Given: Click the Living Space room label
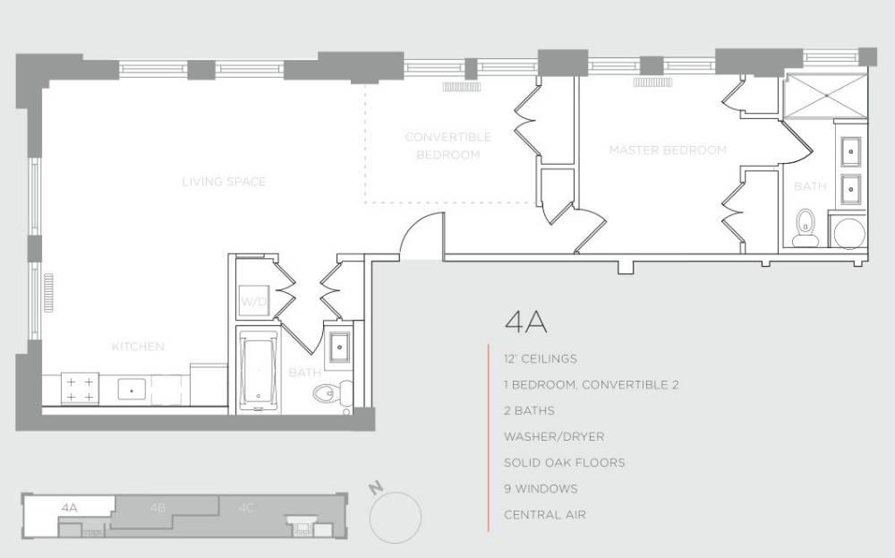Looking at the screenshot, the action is point(224,182).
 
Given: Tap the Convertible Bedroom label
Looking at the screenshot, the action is point(448,146).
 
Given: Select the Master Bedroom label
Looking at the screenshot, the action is point(668,150).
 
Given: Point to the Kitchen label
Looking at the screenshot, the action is point(138,347).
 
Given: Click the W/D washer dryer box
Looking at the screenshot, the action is point(252,302).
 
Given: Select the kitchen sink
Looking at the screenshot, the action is point(132,391).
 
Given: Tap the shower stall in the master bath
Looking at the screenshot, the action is point(823,98).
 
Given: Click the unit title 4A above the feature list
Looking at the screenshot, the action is point(525,322).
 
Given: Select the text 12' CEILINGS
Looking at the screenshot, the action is point(540,359).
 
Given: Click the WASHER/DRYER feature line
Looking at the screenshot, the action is point(553,437).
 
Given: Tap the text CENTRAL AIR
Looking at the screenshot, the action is point(544,515).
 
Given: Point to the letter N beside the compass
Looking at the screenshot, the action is point(377,488).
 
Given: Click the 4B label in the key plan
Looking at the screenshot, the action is point(158,508).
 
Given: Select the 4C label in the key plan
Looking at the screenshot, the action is point(246,508).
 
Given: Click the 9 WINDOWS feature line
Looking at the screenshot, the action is point(541,489).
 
